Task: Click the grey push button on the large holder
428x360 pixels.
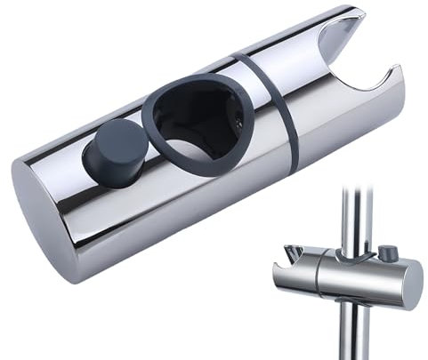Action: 115,150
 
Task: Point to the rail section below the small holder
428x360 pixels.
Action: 356,333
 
